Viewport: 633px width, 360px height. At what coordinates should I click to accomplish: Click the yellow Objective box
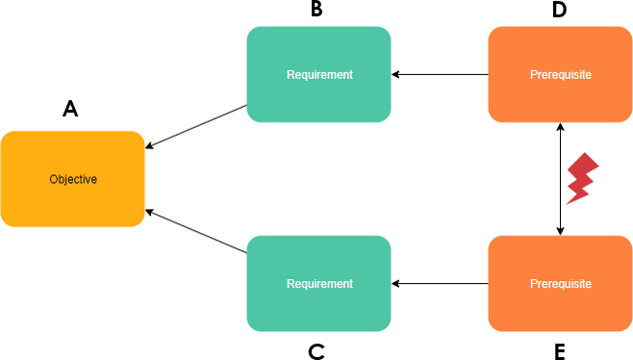[72, 179]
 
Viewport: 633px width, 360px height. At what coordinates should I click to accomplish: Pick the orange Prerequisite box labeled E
[560, 284]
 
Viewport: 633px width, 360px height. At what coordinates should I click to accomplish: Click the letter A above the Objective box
[70, 110]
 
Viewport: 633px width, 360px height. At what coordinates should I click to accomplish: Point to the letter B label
[316, 11]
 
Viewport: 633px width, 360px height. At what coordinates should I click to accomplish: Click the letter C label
[316, 350]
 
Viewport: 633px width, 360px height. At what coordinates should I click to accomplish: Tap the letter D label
[559, 11]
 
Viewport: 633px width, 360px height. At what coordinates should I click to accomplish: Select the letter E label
[559, 350]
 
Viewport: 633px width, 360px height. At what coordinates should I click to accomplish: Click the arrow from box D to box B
[440, 74]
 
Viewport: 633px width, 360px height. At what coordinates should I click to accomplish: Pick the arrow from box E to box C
[440, 284]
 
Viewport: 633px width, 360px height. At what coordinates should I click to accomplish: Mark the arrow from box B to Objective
[196, 127]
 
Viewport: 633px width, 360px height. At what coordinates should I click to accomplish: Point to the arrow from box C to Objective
[196, 231]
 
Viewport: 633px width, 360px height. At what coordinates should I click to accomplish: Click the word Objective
[73, 179]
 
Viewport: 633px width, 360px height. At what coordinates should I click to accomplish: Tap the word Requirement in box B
[319, 74]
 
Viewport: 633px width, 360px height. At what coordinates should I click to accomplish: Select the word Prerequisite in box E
[560, 284]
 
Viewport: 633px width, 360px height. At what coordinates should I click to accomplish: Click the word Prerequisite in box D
[560, 74]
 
